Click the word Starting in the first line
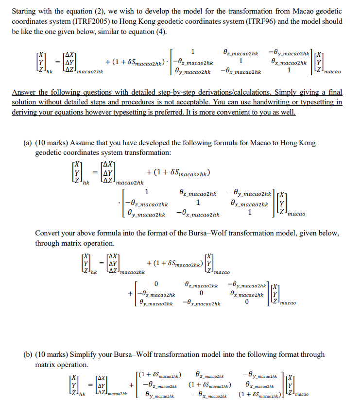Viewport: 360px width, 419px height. point(23,11)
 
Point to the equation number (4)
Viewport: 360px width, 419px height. point(161,32)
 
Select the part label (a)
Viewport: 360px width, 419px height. point(29,143)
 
